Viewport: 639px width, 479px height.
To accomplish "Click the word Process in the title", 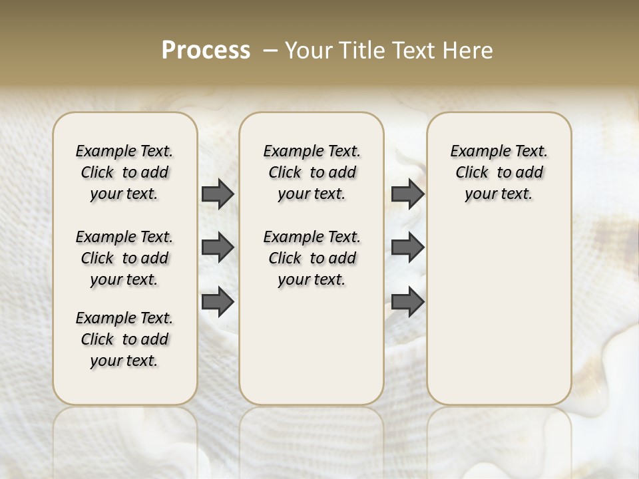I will (x=206, y=51).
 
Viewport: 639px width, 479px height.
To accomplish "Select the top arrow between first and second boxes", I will (x=218, y=194).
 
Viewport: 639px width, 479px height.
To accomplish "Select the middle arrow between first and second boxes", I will (x=218, y=247).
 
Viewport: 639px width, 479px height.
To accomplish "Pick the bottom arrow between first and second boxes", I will (x=218, y=302).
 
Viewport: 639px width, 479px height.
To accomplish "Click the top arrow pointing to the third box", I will (x=407, y=194).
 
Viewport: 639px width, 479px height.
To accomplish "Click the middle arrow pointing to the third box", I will (x=407, y=247).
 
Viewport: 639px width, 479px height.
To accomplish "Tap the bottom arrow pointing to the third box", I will (x=407, y=302).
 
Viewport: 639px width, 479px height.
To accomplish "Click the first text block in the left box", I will (x=124, y=172).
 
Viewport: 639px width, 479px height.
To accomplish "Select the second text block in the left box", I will (x=124, y=258).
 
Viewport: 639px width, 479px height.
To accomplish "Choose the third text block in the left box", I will (x=124, y=339).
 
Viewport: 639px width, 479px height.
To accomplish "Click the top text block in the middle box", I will (x=312, y=172).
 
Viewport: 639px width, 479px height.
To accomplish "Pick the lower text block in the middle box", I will (x=312, y=258).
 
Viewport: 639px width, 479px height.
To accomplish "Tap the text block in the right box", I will (x=499, y=172).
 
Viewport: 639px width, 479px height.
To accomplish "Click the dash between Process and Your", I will (x=271, y=51).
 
